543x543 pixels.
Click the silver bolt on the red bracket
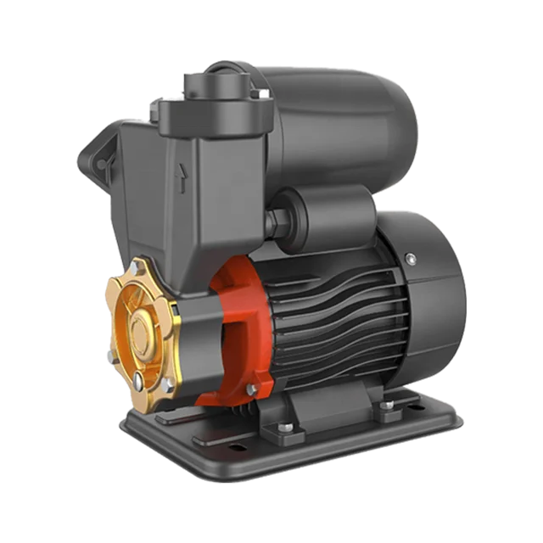251,389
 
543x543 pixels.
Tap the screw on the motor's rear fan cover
411,259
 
